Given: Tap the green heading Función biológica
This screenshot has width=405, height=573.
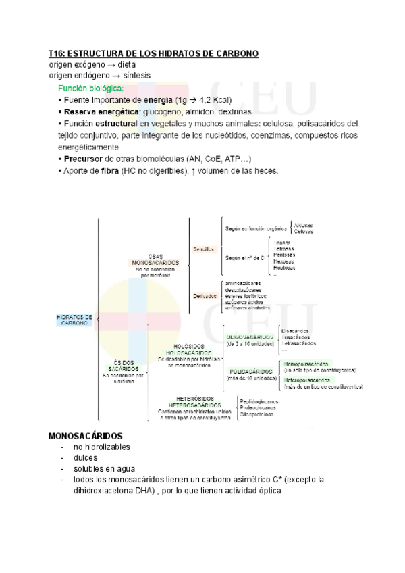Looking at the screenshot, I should point(91,89).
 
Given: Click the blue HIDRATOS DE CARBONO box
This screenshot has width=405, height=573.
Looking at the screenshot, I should point(74,320).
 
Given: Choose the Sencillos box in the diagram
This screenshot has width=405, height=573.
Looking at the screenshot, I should point(203,249).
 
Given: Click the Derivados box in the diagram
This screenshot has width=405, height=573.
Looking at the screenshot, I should point(205,295).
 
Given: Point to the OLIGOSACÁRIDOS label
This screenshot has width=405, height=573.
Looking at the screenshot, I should point(250,336).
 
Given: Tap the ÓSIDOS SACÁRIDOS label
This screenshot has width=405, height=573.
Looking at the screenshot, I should point(124,366).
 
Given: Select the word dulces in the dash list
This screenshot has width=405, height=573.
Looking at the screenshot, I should point(86,457).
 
